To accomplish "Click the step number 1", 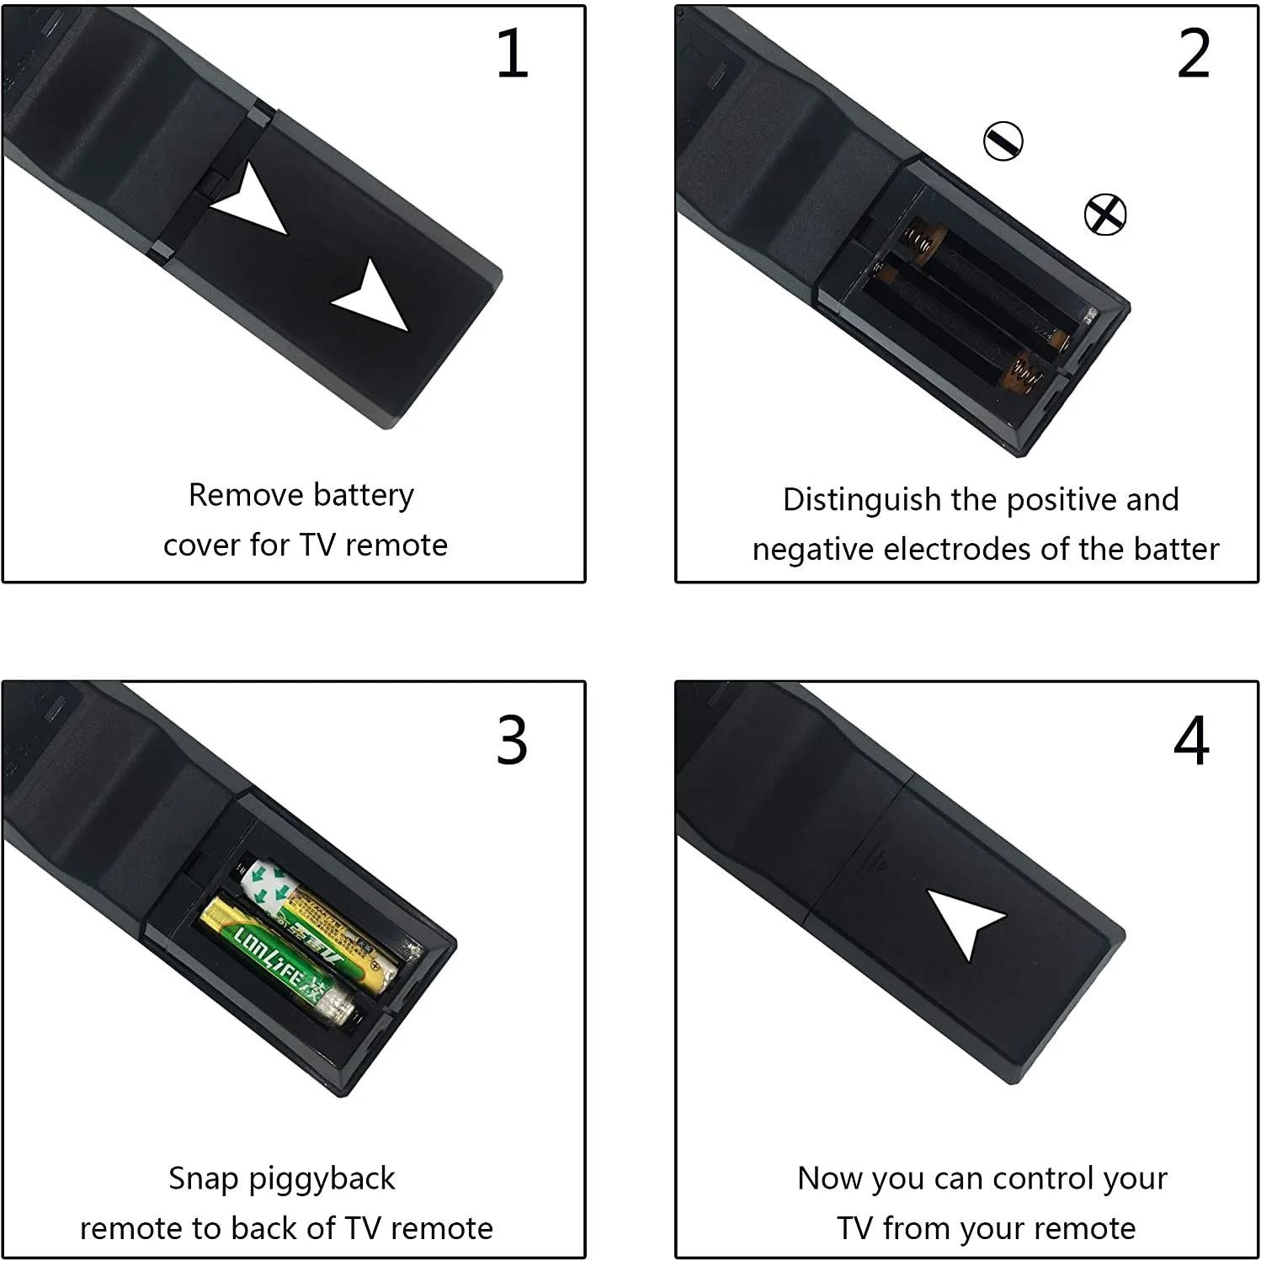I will pos(513,54).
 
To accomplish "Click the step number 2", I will pos(1194,54).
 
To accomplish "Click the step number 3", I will pos(512,741).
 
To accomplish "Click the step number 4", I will pos(1192,741).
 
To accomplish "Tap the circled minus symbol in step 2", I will pos(1003,141).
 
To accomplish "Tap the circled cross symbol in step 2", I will pos(1104,214).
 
